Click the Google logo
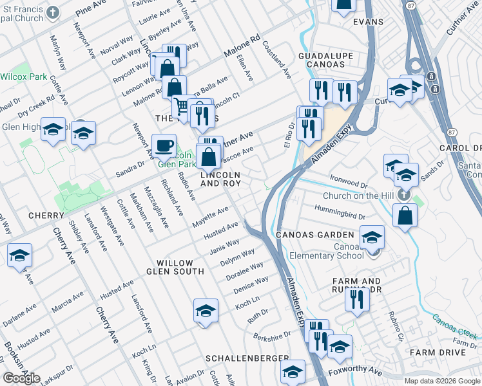(x=21, y=378)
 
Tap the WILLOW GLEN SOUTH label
(x=175, y=269)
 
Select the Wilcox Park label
(x=24, y=77)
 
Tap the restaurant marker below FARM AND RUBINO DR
(x=356, y=299)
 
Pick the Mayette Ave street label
(x=211, y=217)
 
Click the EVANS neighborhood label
(x=368, y=22)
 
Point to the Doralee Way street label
(x=244, y=271)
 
